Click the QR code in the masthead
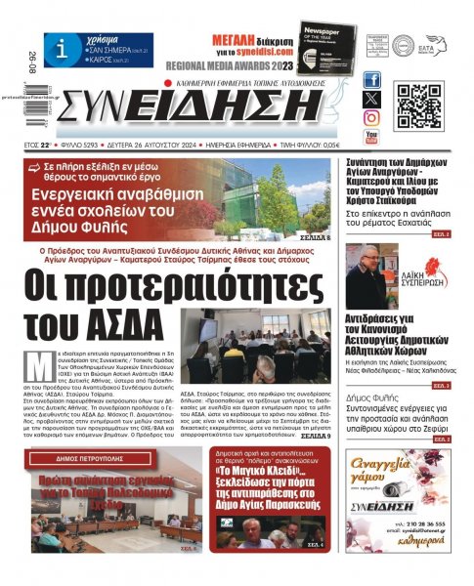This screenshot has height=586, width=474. click(x=418, y=105)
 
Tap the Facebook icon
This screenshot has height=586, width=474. click(x=371, y=80)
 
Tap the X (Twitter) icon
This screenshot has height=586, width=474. click(x=371, y=99)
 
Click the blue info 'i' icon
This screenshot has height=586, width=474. click(x=62, y=48)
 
